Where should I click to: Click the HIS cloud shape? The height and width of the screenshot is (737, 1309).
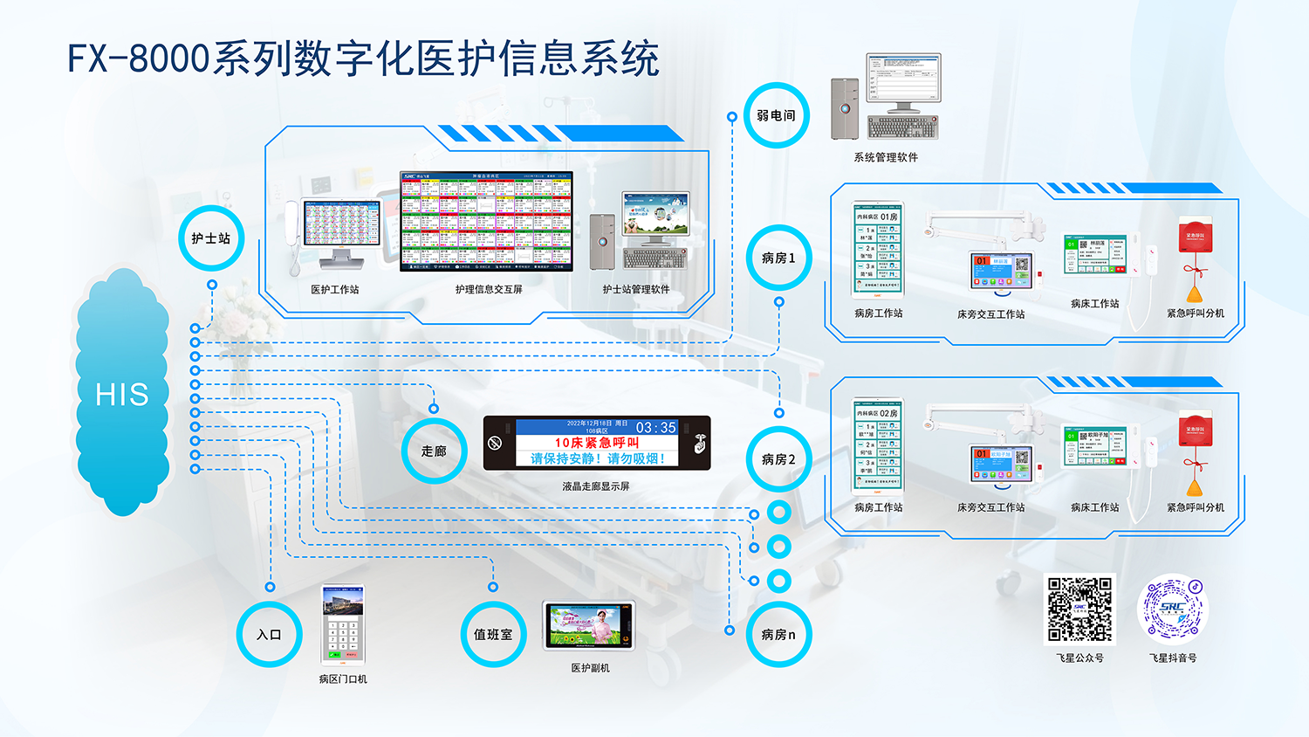coord(122,394)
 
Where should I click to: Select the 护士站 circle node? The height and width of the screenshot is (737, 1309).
coord(211,238)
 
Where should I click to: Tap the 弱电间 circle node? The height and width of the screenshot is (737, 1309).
coord(776,115)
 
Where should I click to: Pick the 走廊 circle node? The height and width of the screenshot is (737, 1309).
coord(434,451)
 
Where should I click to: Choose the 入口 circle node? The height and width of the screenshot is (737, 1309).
coord(269,635)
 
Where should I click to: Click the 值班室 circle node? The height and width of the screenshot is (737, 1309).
coord(493,635)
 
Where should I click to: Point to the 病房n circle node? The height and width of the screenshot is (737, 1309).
coord(778,635)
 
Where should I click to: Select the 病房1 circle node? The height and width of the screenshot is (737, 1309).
coord(778,258)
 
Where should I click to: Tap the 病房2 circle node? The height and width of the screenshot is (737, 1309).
coord(778,459)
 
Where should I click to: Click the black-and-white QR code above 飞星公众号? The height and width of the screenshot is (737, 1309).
coord(1079,609)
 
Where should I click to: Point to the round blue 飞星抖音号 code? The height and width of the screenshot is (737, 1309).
coord(1173,609)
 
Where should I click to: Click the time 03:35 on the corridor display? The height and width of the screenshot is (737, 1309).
coord(656,427)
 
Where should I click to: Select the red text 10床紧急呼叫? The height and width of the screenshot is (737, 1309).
coord(597,443)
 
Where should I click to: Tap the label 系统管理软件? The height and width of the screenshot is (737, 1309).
coord(886,157)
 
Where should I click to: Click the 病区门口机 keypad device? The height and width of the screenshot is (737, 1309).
coord(342,625)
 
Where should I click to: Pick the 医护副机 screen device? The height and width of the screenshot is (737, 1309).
coord(589,625)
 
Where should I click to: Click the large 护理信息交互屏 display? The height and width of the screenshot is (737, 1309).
coord(486,222)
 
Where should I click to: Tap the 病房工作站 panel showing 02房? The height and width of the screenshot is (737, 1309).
coord(878,446)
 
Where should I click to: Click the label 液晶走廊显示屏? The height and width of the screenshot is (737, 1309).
coord(596,486)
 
